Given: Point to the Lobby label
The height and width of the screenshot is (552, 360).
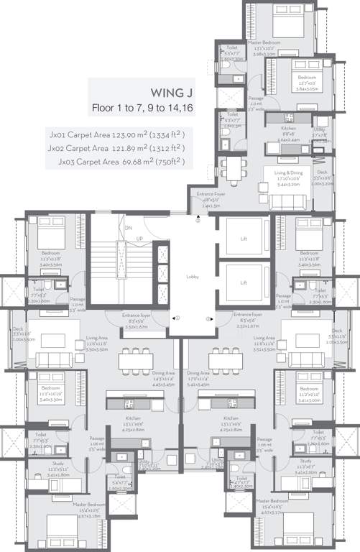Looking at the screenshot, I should point(193,277).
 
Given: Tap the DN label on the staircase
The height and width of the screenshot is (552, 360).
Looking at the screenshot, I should point(129,229).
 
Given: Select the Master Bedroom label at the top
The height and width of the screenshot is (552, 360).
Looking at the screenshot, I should point(264,42).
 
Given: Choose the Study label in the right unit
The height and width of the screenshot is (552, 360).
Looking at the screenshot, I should point(306,461).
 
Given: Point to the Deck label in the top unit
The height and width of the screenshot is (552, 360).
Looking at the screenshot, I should point(323,172).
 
